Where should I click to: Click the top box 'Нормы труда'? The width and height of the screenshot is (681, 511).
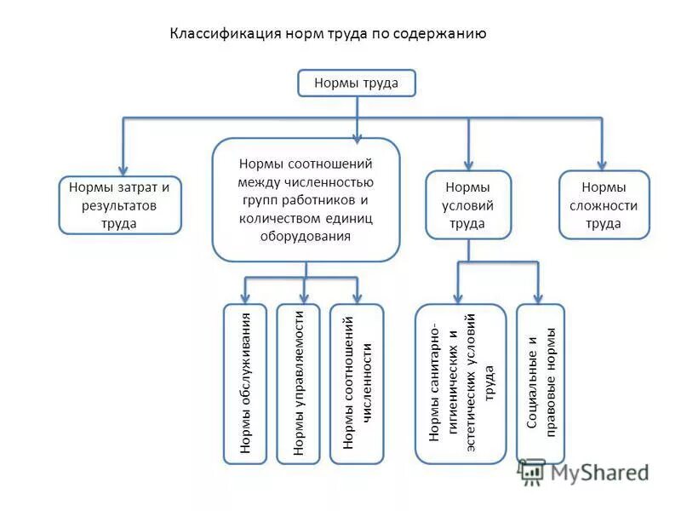coord(356,83)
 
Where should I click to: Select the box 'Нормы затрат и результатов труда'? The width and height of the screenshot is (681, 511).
coord(120,205)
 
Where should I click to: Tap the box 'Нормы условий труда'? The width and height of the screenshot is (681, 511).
coord(467,205)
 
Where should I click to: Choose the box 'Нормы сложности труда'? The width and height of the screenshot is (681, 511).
coord(604,205)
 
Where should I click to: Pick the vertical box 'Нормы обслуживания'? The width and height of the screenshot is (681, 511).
coord(245,383)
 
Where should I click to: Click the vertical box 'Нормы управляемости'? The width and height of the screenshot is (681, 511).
coord(298,383)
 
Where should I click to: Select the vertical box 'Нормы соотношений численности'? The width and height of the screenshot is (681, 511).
coord(357,383)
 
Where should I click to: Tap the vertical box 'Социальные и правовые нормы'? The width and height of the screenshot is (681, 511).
coord(541,383)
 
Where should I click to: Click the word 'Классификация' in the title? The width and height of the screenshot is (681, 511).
coord(213,34)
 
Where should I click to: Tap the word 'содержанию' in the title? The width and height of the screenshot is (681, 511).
coord(444,34)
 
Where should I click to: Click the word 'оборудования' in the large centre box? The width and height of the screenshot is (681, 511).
coord(305,237)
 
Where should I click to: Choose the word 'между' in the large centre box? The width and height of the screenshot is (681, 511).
coord(258,181)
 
